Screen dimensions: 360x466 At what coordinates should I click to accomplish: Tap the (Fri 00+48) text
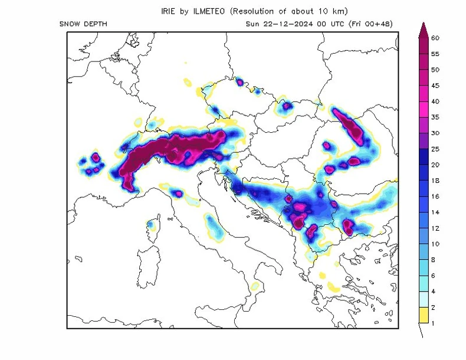coord(370,24)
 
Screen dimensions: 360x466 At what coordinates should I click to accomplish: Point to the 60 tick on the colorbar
coord(435,38)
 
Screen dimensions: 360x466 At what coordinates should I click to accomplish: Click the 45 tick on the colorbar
coord(435,86)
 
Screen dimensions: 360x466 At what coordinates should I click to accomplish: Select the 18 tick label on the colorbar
coord(435,181)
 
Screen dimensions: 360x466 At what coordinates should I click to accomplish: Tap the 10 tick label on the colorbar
coord(435,244)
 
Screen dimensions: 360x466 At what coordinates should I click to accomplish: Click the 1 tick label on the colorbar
coord(434,323)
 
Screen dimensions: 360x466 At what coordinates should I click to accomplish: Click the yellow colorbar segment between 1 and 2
coord(423,316)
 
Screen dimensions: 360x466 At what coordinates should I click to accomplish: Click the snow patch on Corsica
coord(152,225)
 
